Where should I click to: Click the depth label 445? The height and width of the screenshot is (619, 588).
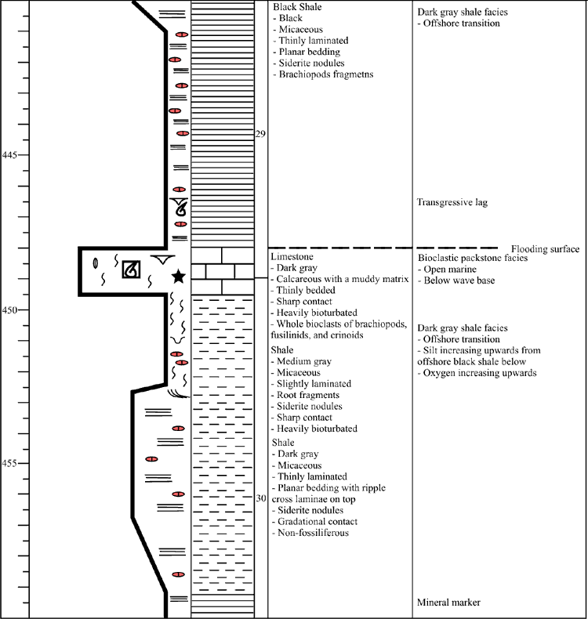click(9, 155)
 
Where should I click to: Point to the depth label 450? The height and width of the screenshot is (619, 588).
click(9, 310)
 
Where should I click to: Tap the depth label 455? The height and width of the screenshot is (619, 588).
click(9, 463)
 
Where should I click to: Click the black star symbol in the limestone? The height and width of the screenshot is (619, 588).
click(179, 276)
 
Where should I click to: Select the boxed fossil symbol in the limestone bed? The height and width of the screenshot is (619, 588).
click(131, 270)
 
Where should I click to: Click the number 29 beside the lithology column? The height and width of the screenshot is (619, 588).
click(260, 134)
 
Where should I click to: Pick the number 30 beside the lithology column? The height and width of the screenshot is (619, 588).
click(260, 498)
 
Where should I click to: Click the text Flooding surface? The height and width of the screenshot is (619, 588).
click(546, 248)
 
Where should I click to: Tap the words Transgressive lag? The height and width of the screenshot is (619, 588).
click(452, 202)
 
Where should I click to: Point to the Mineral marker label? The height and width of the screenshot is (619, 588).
click(448, 603)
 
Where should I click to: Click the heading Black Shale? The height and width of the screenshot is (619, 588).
click(297, 7)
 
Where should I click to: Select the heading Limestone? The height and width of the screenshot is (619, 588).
click(292, 256)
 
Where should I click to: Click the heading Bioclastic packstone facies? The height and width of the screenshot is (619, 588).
click(473, 258)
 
